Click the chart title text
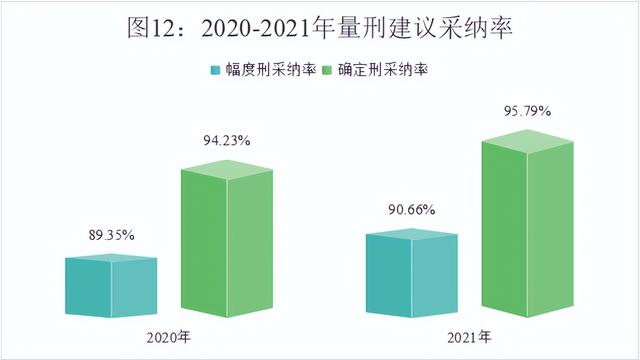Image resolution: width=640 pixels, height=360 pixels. [319, 27]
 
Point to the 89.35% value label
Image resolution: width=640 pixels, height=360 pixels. [110, 234]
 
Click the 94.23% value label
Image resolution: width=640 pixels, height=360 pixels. [226, 141]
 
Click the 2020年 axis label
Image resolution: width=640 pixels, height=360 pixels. [168, 336]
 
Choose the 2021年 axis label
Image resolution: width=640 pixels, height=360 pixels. [470, 336]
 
